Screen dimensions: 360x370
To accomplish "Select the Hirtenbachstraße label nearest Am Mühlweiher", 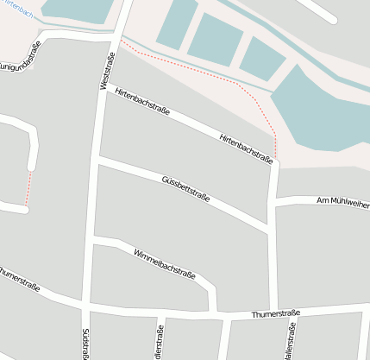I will [246, 149].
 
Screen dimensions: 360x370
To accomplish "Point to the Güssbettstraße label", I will [185, 191].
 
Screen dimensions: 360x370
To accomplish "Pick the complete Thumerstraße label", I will [275, 313].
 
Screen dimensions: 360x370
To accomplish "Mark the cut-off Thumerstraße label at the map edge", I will [19, 281].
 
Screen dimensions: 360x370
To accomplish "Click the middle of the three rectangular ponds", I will [215, 39].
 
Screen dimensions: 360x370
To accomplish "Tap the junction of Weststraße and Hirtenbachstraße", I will [104, 91].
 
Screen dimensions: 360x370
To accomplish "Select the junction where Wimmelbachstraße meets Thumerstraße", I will [212, 311].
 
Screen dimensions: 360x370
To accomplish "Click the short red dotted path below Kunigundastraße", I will [28, 188].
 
